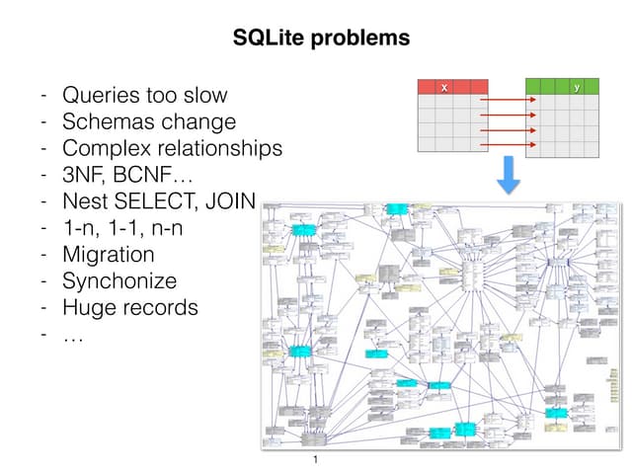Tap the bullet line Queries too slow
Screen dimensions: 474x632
click(144, 96)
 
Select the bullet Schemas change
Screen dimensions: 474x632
click(148, 122)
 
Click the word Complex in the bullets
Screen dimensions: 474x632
click(102, 149)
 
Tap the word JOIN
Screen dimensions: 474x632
click(231, 202)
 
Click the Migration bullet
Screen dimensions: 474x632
click(108, 255)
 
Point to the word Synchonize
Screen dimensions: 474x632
click(119, 281)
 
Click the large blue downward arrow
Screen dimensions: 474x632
click(508, 175)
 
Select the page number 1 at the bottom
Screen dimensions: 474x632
click(315, 461)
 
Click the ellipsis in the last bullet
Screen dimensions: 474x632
click(73, 335)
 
